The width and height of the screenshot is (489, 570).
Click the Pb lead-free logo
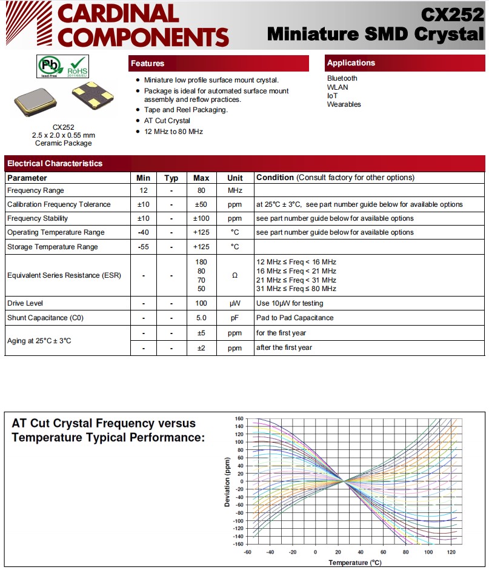tap(48, 65)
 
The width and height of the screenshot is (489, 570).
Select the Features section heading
tap(148, 63)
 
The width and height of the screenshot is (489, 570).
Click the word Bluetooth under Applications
tap(342, 78)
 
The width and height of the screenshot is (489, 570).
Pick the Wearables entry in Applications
tap(344, 104)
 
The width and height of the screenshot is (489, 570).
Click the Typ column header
tap(171, 178)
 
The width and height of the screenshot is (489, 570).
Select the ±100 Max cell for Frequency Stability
tap(201, 218)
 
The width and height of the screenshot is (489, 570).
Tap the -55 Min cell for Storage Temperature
tap(143, 247)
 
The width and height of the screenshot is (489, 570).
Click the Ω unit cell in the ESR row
tap(235, 275)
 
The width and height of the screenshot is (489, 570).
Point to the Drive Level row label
tap(25, 303)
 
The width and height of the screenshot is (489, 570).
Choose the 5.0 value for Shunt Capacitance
tap(201, 318)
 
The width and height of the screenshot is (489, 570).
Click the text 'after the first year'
tap(284, 347)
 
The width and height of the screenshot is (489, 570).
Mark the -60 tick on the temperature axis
tap(247, 552)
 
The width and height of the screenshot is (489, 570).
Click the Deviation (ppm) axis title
tap(228, 481)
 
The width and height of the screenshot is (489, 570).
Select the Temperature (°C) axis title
tap(356, 562)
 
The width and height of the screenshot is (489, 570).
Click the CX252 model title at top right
tap(453, 14)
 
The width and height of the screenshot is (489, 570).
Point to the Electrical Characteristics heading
tap(55, 163)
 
